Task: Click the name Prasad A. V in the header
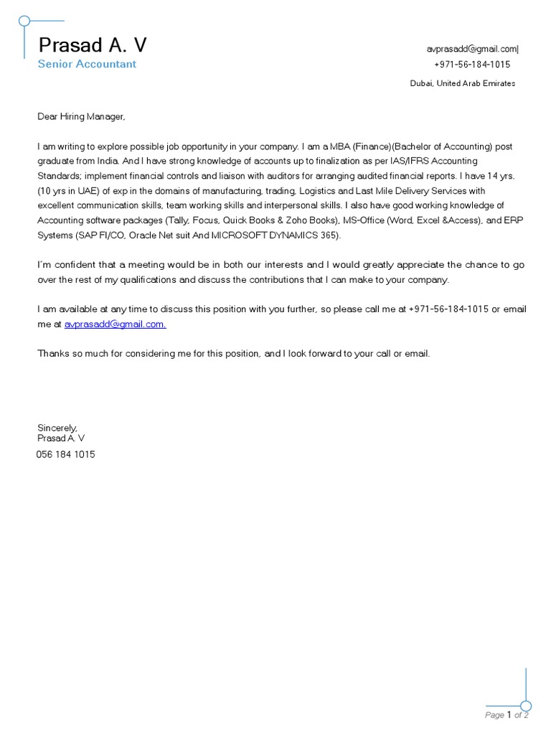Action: click(x=93, y=45)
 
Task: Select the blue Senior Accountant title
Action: click(x=87, y=64)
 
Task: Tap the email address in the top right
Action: click(x=471, y=49)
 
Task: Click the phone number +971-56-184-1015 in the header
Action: click(x=472, y=65)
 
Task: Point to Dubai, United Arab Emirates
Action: click(x=462, y=83)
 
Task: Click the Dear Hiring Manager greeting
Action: click(x=81, y=116)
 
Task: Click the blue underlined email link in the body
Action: click(x=115, y=324)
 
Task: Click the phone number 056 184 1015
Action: click(x=65, y=454)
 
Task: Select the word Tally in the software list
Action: click(x=179, y=220)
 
